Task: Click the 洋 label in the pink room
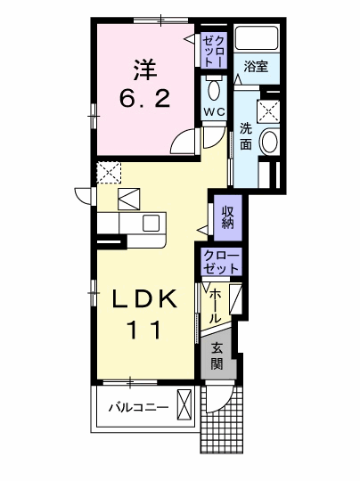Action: tap(145, 69)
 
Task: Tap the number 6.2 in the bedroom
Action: tap(144, 99)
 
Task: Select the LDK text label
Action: tap(144, 298)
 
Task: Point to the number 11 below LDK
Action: tap(144, 330)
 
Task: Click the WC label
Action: tap(215, 112)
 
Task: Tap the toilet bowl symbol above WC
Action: tap(214, 89)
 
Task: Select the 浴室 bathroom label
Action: tap(256, 66)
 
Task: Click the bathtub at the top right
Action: tap(257, 37)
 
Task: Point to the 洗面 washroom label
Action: tap(246, 136)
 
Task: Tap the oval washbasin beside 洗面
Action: tap(269, 141)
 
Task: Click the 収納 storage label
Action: tap(228, 217)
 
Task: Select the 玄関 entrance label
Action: tap(217, 355)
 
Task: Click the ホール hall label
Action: tap(215, 306)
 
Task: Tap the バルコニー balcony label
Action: tap(139, 408)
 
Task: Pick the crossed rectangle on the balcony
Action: tap(184, 405)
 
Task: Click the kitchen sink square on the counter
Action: tap(151, 223)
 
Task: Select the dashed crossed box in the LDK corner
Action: tap(109, 173)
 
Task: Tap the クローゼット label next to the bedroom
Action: tap(214, 52)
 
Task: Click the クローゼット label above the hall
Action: tap(221, 262)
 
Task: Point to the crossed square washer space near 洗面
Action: tap(268, 111)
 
